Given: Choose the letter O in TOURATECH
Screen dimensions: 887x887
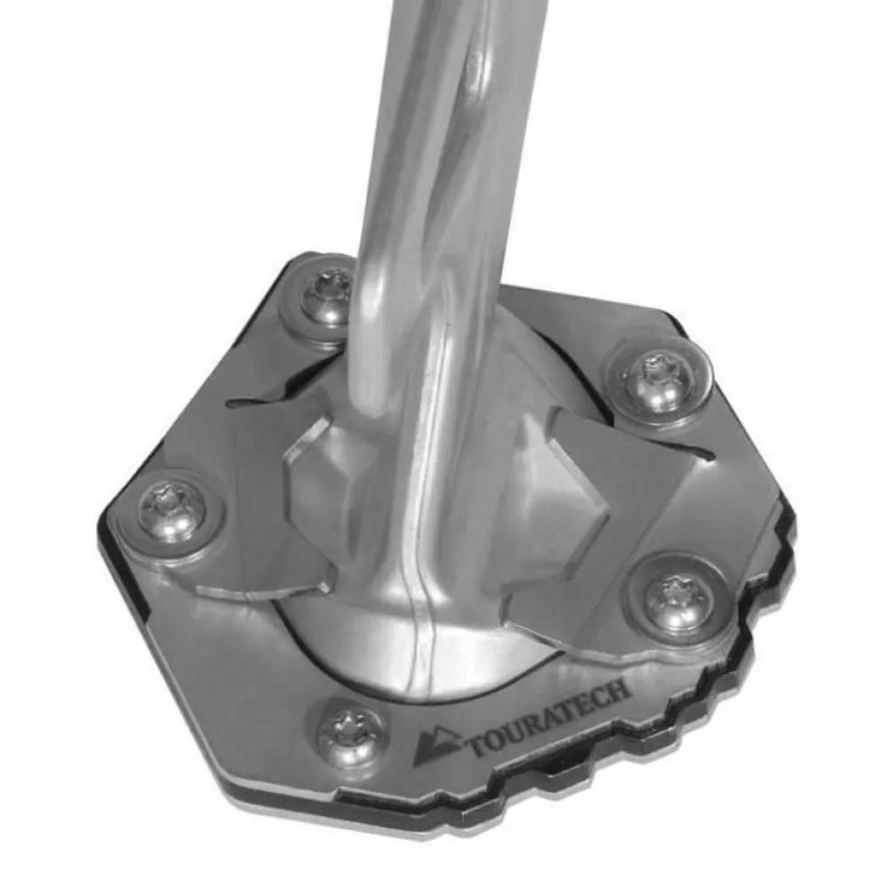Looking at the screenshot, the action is tap(496, 738).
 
